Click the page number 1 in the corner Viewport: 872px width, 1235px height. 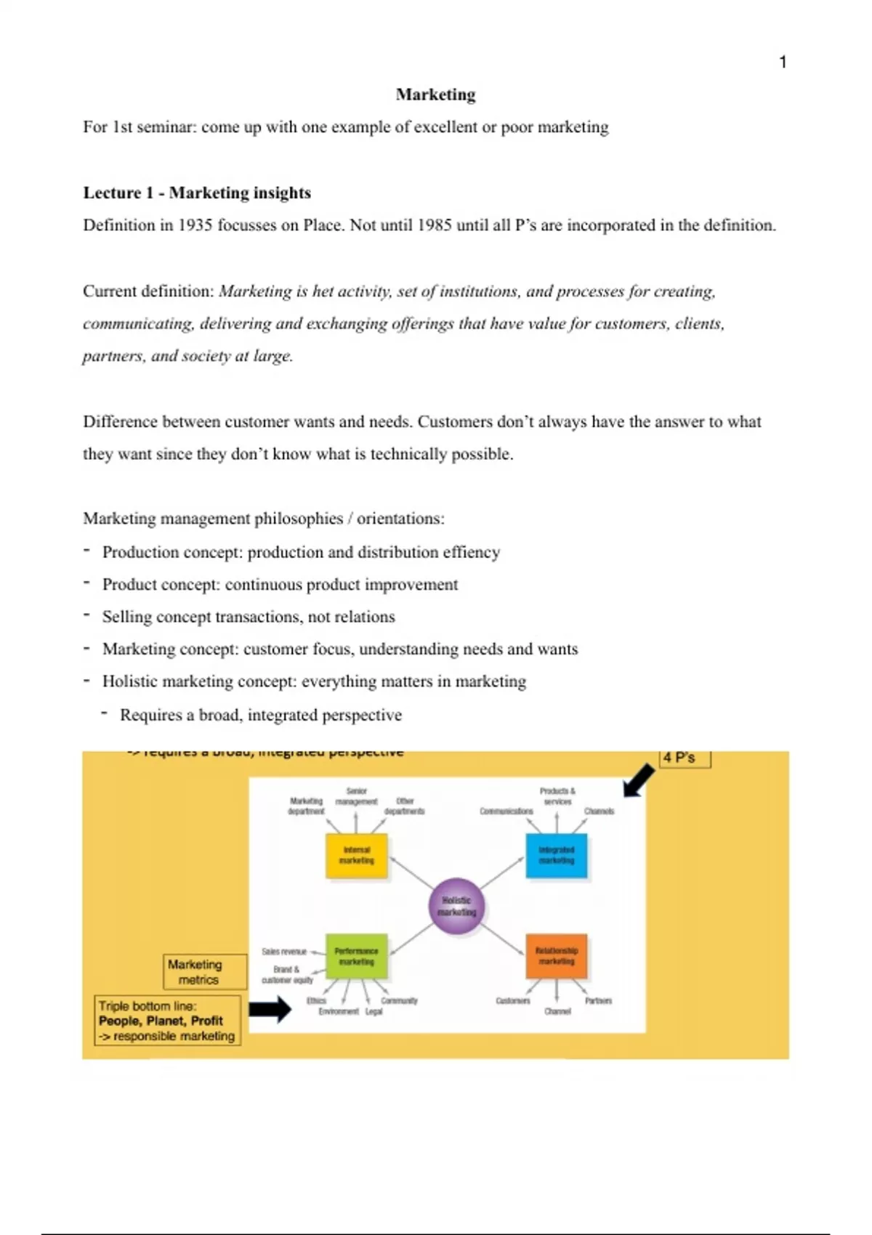(783, 62)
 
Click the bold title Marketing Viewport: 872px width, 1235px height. (435, 94)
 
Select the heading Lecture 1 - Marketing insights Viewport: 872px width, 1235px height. (197, 193)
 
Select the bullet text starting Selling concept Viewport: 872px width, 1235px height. (249, 617)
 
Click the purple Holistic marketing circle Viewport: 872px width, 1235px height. (456, 906)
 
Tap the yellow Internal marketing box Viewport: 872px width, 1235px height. (356, 856)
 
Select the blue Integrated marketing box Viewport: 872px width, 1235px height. (557, 856)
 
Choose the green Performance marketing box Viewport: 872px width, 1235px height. (356, 956)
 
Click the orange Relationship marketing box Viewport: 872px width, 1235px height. (557, 956)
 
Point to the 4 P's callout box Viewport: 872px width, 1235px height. (685, 758)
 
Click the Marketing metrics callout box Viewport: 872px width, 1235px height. (195, 972)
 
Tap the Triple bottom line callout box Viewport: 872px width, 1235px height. (167, 1021)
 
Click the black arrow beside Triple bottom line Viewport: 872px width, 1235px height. (270, 1009)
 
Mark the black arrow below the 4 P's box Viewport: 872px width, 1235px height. (638, 781)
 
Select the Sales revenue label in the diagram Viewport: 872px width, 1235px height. (284, 952)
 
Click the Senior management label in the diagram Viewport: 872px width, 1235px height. (356, 796)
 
